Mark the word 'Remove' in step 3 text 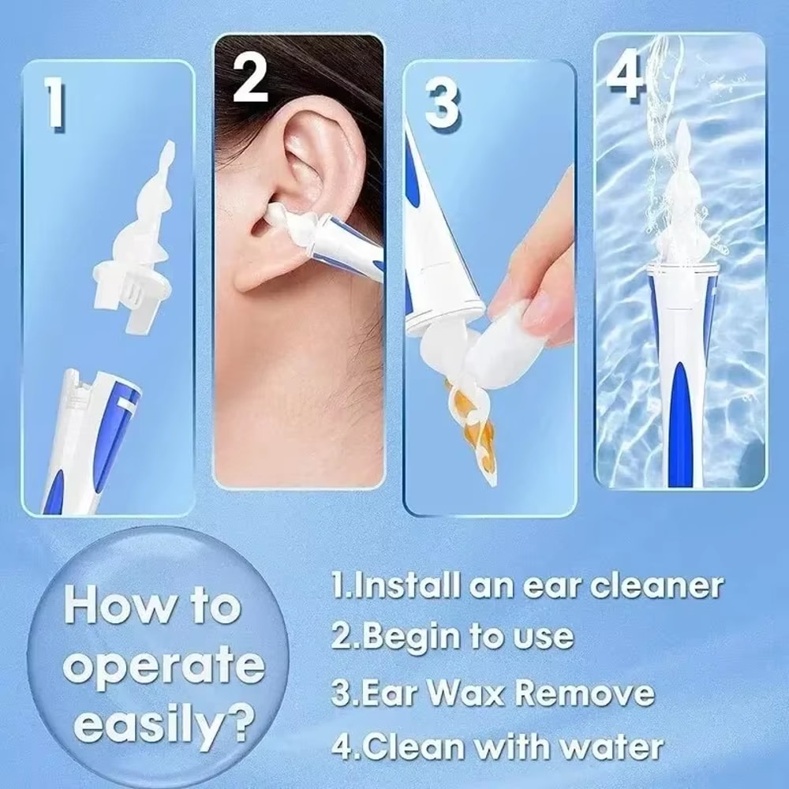point(587,692)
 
